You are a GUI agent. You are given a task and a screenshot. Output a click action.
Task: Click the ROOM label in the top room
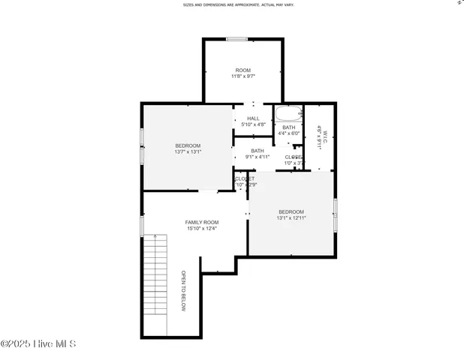click(243, 70)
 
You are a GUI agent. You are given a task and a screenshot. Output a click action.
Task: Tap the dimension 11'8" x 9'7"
click(243, 76)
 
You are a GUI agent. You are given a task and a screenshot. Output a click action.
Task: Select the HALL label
click(253, 118)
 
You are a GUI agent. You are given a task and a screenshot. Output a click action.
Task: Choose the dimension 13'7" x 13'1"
click(188, 151)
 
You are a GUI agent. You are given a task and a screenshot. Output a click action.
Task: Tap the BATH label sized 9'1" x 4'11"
click(258, 151)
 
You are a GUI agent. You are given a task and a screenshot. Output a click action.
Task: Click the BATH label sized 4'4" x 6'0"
click(289, 127)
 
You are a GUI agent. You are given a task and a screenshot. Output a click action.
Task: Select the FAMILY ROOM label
click(202, 223)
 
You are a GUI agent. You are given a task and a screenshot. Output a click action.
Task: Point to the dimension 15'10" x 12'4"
click(202, 229)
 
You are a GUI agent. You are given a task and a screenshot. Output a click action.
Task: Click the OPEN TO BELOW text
click(182, 291)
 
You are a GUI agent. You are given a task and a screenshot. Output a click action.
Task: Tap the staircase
click(155, 285)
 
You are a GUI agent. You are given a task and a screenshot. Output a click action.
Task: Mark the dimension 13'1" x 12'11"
click(291, 217)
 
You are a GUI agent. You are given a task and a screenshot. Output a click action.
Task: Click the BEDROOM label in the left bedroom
click(188, 145)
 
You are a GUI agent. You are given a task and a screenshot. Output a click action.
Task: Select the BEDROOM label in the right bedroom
click(291, 211)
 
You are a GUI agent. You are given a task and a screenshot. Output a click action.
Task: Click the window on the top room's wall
click(237, 39)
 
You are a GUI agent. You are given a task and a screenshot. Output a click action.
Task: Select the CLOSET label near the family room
click(245, 178)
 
